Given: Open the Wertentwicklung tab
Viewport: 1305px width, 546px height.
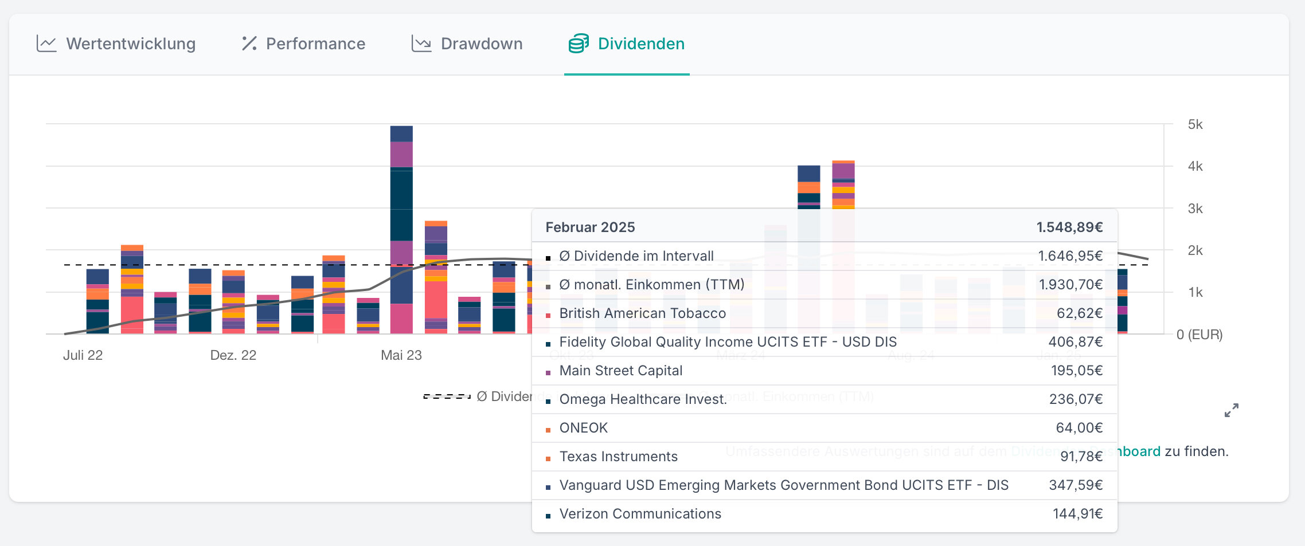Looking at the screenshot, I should pyautogui.click(x=130, y=44).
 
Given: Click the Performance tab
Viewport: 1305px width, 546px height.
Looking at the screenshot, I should pyautogui.click(x=315, y=44).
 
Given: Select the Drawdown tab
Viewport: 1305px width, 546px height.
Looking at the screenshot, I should pyautogui.click(x=481, y=44).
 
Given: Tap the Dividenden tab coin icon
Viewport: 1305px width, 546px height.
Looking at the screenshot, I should pyautogui.click(x=578, y=44).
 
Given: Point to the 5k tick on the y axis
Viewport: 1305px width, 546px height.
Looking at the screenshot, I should pyautogui.click(x=1195, y=124).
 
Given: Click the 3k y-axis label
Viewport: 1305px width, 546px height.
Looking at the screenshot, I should pyautogui.click(x=1195, y=209).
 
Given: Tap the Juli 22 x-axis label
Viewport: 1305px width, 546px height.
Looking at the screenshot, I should pyautogui.click(x=83, y=355).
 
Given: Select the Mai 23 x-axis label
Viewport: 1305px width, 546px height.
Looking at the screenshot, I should pyautogui.click(x=401, y=355).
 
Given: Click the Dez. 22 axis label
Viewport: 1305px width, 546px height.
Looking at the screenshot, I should pyautogui.click(x=233, y=355).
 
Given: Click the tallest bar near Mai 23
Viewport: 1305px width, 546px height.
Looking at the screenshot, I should pyautogui.click(x=401, y=229).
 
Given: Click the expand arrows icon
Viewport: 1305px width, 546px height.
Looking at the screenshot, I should pyautogui.click(x=1231, y=410).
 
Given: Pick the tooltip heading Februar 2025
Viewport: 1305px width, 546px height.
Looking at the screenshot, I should pyautogui.click(x=590, y=227).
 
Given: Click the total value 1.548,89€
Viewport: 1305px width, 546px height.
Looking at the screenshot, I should pyautogui.click(x=1069, y=227).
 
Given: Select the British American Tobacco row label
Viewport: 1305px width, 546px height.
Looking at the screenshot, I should pyautogui.click(x=642, y=313).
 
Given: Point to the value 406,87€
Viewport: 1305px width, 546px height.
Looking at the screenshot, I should pyautogui.click(x=1075, y=342).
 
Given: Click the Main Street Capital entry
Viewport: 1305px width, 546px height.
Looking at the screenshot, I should pyautogui.click(x=620, y=371).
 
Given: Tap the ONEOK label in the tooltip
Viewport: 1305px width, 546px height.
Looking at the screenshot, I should pyautogui.click(x=583, y=428).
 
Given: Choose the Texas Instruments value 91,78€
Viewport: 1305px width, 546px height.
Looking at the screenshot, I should pyautogui.click(x=1081, y=457).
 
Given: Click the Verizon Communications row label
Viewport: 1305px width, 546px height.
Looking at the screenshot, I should pyautogui.click(x=640, y=514).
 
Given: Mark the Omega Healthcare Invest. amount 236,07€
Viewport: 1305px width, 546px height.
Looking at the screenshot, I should pyautogui.click(x=1076, y=399).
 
